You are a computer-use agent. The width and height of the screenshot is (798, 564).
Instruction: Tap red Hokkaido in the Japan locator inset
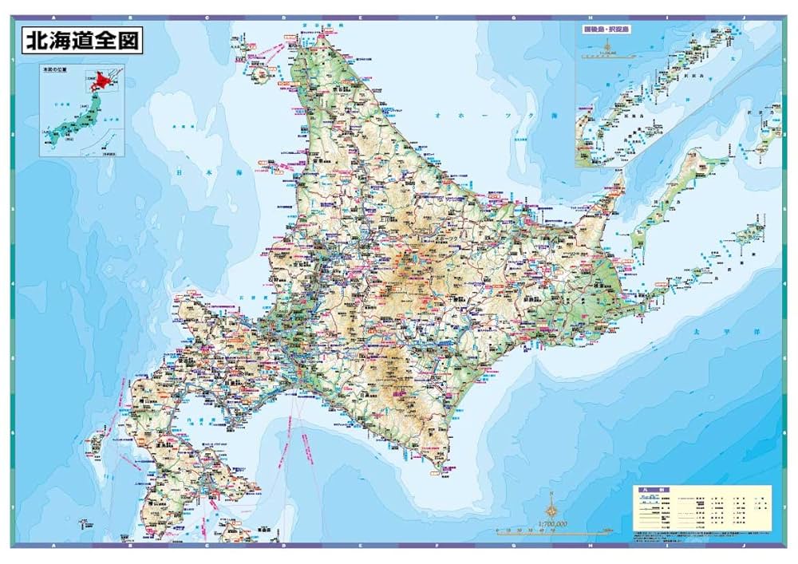101,80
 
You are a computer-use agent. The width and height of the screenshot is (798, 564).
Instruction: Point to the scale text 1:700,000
552,523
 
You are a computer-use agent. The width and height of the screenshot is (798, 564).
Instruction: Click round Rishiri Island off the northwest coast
258,77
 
